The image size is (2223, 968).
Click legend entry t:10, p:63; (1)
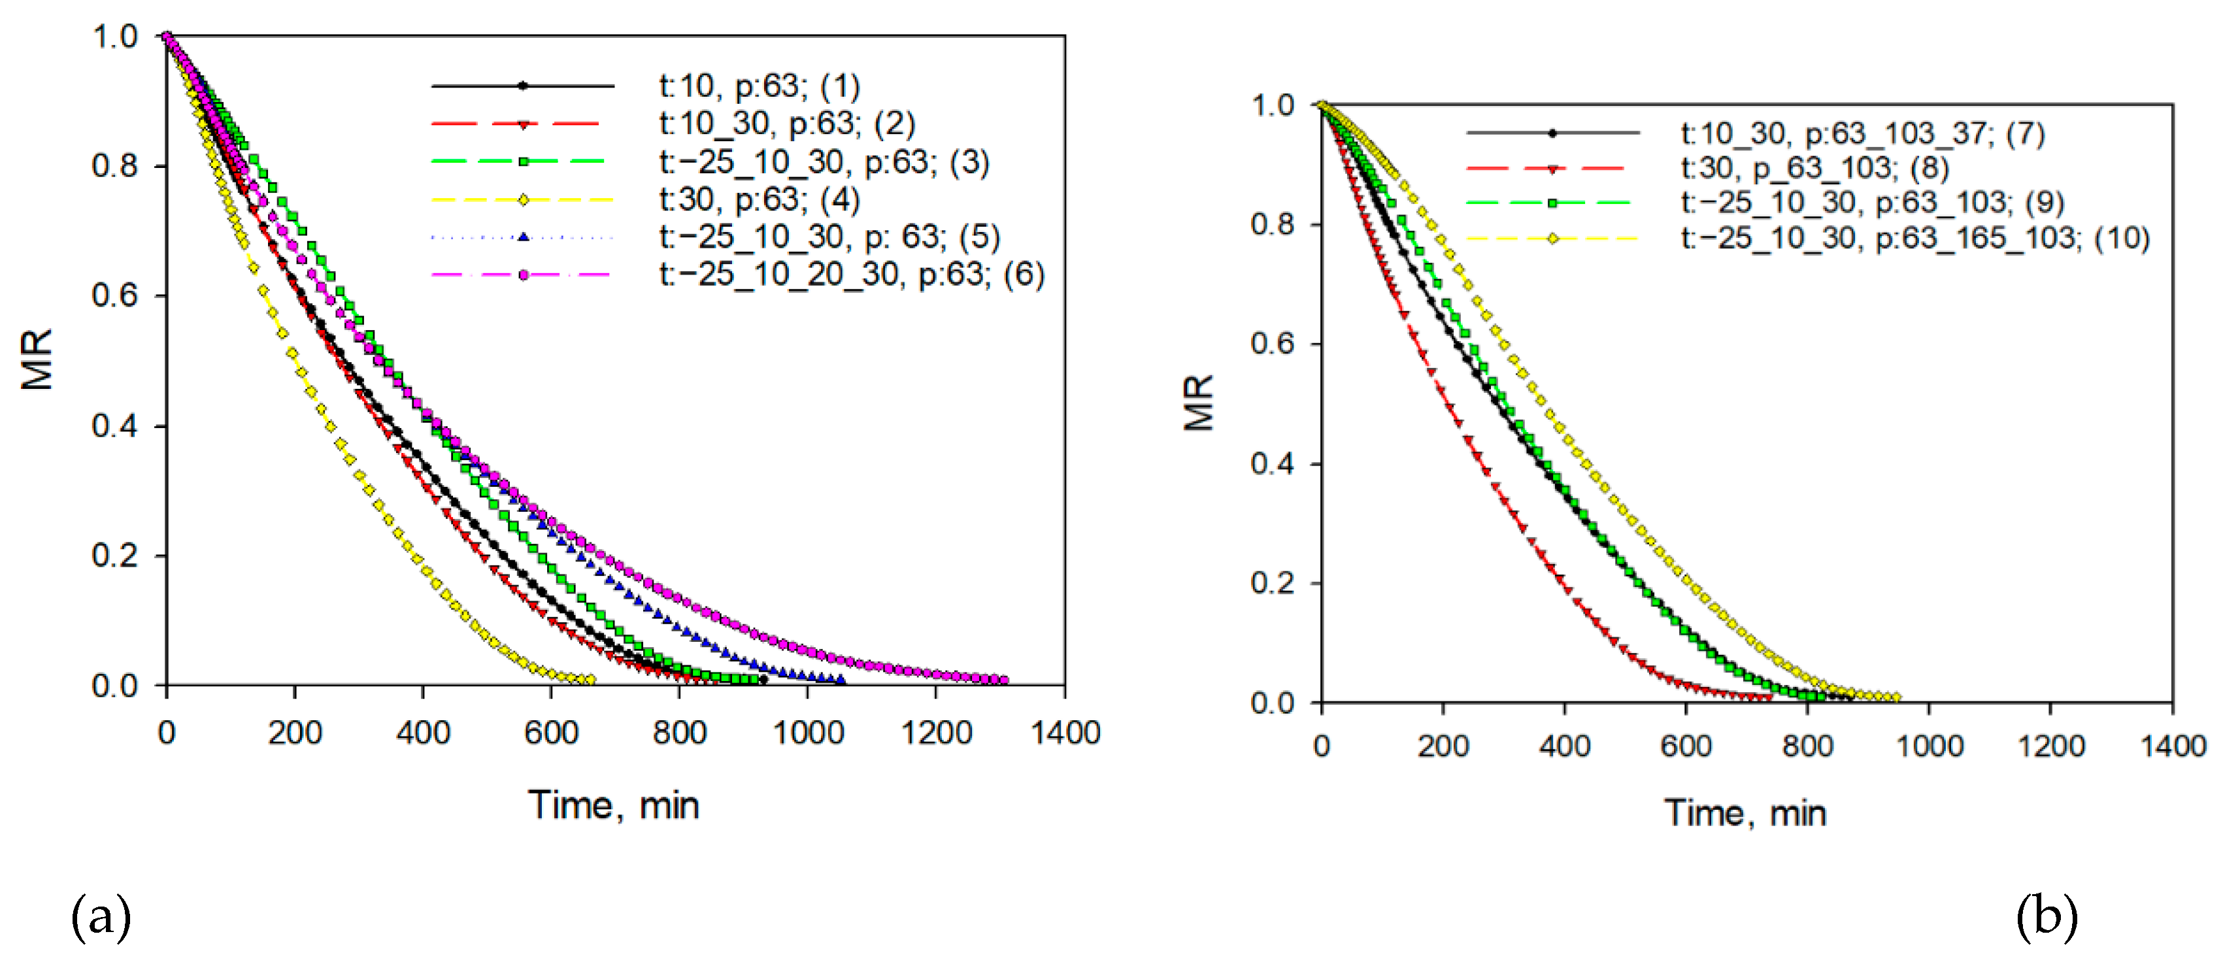[760, 86]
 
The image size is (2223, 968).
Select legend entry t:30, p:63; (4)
[760, 199]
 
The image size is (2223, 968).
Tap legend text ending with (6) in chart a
[852, 275]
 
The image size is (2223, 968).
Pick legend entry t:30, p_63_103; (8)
[1815, 167]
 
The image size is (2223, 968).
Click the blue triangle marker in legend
[523, 237]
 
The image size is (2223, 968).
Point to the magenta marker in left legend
[523, 275]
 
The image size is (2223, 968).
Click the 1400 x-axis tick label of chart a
[1065, 733]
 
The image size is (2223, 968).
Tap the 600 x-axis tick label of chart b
[1685, 745]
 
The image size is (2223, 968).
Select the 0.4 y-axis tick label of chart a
[115, 426]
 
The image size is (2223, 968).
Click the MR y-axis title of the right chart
[1199, 402]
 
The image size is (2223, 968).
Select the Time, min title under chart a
[614, 805]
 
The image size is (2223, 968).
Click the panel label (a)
[101, 916]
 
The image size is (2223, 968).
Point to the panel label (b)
[2046, 916]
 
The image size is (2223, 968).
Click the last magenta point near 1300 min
[1003, 680]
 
